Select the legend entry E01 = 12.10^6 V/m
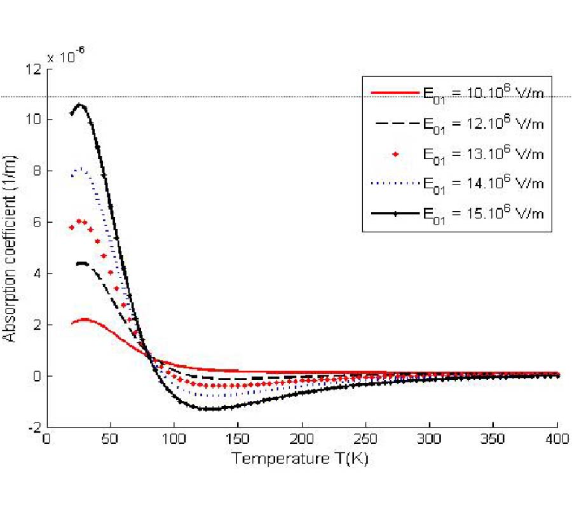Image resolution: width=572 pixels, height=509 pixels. coord(483,123)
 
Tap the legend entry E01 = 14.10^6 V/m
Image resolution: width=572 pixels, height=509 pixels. coord(483,183)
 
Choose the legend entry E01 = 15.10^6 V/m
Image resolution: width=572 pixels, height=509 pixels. coord(483,213)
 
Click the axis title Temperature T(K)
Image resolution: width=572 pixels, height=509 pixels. coord(299,458)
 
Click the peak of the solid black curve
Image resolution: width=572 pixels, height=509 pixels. coord(80,104)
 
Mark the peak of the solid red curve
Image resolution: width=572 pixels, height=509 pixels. coord(85,319)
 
